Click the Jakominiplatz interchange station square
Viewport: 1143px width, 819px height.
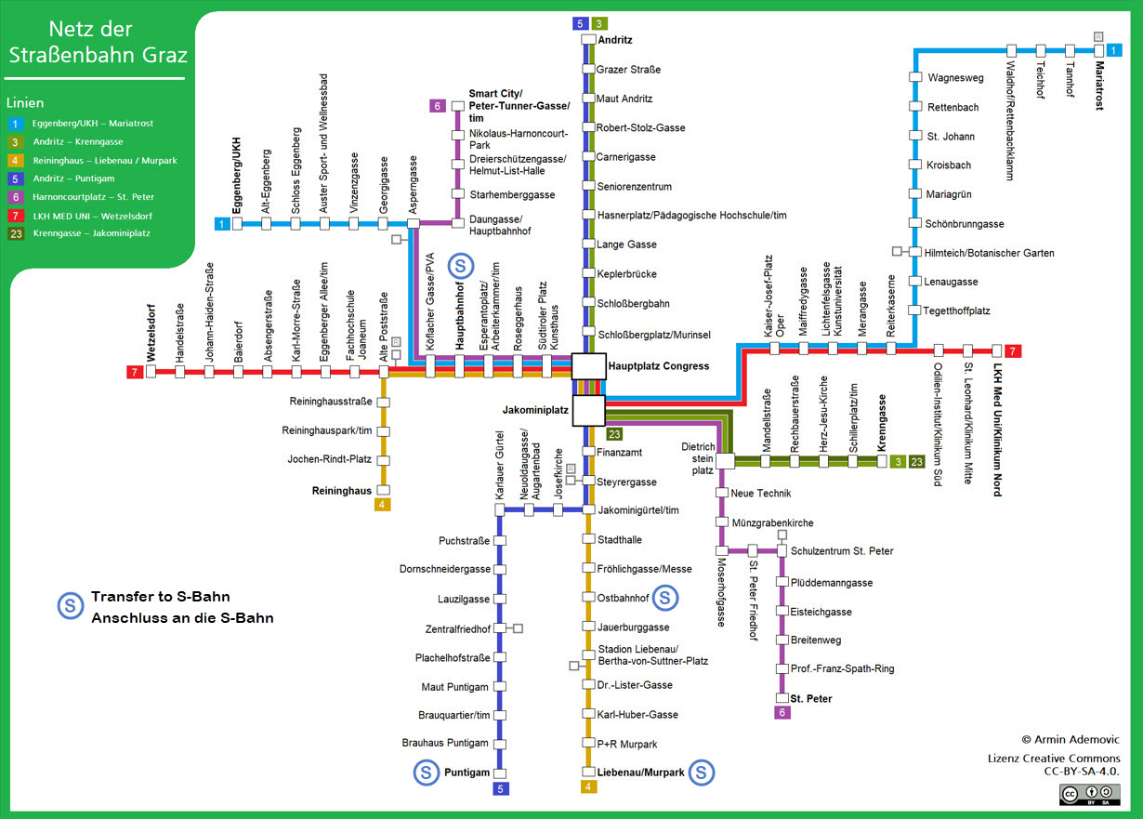(x=588, y=409)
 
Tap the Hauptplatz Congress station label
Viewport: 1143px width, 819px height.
(x=658, y=366)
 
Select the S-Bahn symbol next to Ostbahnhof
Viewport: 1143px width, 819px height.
(x=665, y=598)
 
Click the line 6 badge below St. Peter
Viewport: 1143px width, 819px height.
(x=782, y=713)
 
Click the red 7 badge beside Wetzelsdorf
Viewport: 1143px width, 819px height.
(x=134, y=373)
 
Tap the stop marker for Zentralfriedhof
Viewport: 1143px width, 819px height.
(x=500, y=628)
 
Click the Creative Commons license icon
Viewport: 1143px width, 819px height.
(x=1089, y=793)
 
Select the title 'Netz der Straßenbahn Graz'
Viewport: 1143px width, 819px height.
(x=97, y=43)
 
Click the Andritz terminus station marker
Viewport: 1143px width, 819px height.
(x=587, y=40)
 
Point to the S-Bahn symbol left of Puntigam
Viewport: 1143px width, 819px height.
(x=426, y=772)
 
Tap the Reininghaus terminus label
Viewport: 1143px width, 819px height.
(x=342, y=490)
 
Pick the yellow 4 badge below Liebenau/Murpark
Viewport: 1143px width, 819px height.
(x=588, y=787)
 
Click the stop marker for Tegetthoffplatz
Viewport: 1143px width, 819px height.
(x=915, y=310)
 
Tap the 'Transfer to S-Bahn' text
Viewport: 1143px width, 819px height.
(x=160, y=597)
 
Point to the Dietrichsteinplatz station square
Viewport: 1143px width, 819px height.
(x=725, y=461)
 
